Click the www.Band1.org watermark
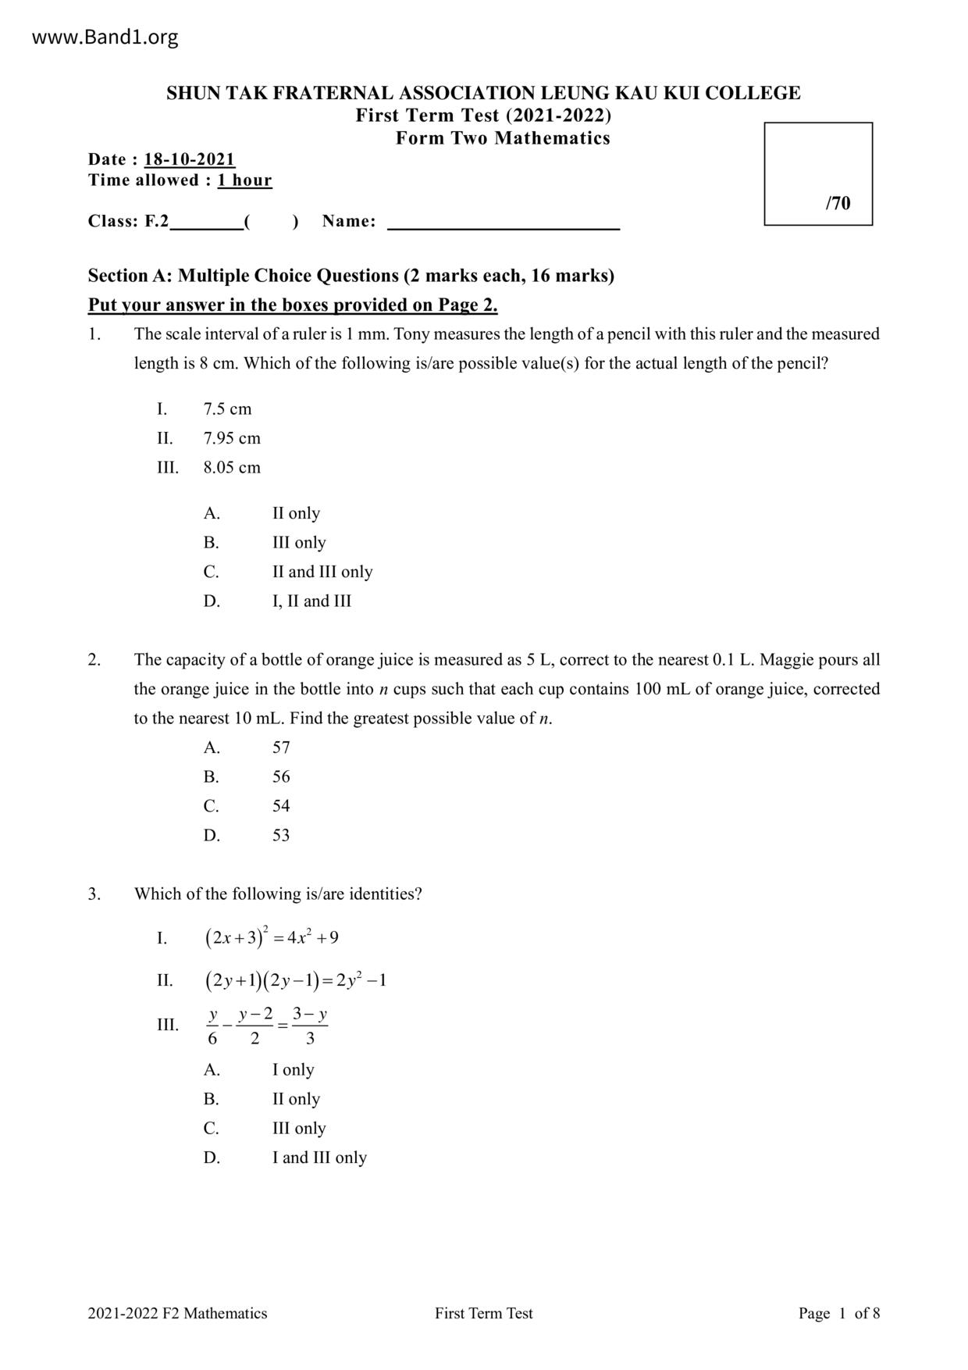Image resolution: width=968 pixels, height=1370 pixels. point(105,37)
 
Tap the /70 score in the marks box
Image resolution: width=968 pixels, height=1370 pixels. point(838,203)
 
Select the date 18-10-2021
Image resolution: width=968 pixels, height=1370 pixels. point(190,159)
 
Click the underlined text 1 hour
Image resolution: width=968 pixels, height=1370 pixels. point(244,180)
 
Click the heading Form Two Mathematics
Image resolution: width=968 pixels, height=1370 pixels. point(503,138)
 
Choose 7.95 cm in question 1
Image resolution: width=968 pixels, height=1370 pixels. point(232,438)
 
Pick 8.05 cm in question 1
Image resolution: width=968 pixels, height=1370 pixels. point(232,468)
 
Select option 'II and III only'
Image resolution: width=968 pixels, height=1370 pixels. point(322,572)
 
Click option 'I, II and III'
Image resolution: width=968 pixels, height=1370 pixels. point(311,601)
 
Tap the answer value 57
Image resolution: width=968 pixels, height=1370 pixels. point(281,747)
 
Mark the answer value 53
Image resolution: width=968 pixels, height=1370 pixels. point(281,836)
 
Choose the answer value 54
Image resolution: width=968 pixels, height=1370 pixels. point(281,806)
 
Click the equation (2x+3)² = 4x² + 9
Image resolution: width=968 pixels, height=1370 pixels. point(272,937)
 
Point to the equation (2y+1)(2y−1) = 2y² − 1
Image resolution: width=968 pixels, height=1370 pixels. point(295,980)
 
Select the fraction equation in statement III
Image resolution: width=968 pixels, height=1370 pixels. point(267,1026)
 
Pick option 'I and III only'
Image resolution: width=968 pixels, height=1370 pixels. point(319,1158)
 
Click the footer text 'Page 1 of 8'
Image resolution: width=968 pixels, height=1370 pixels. point(839,1313)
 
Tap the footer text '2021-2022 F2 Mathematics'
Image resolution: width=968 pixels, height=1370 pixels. point(177,1313)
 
